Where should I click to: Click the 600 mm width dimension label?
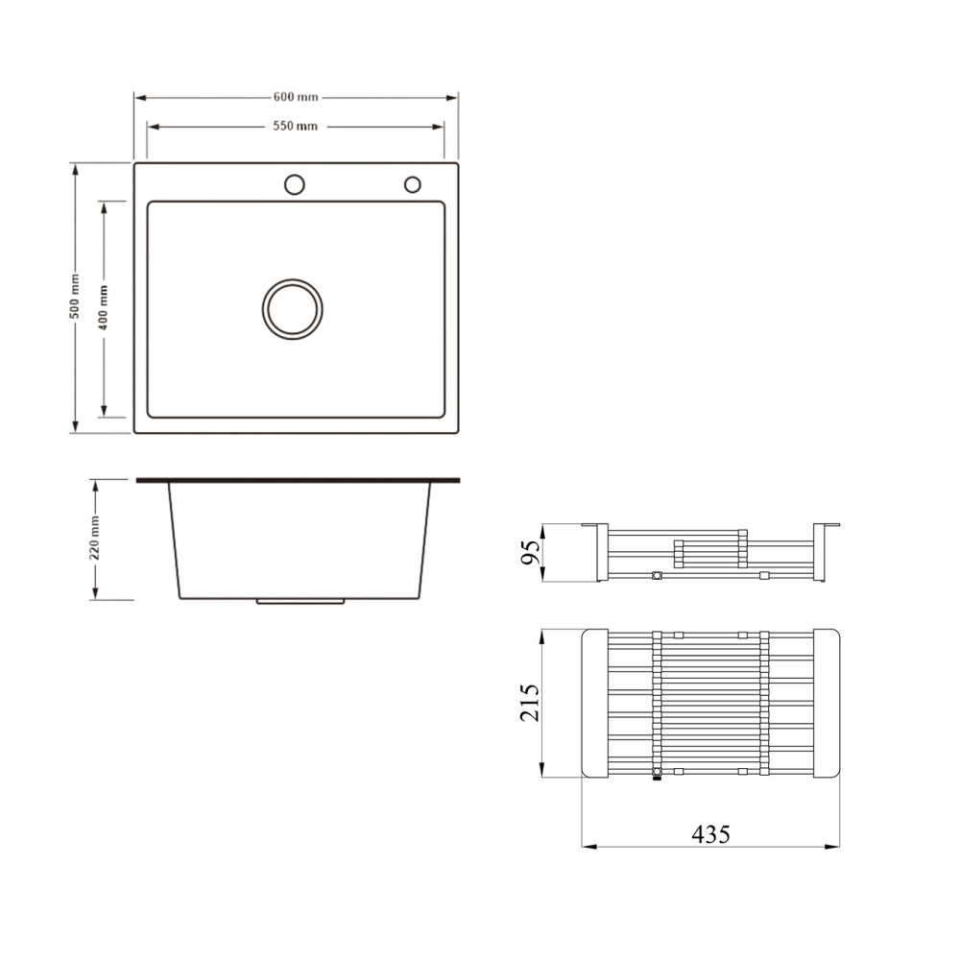point(296,97)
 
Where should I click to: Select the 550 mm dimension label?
point(295,126)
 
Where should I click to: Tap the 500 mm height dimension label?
point(75,297)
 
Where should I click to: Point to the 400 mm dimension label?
point(103,307)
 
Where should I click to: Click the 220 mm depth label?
point(94,538)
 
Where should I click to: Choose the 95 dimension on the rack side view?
point(530,553)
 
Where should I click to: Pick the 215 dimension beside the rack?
point(530,703)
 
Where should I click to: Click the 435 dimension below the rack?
point(710,834)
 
